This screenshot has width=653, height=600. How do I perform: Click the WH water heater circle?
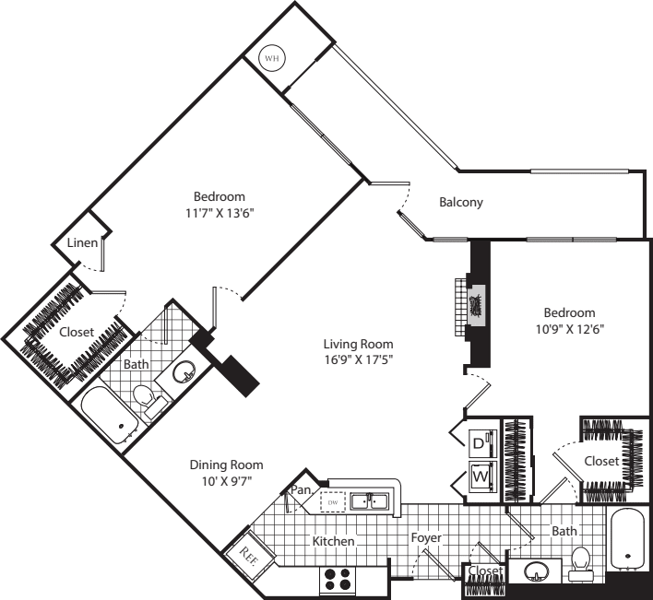click(272, 58)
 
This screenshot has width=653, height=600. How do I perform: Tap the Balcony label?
click(460, 203)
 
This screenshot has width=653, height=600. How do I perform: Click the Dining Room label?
click(226, 465)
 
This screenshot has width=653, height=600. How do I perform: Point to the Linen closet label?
click(86, 243)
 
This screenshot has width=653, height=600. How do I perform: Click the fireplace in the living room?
click(475, 303)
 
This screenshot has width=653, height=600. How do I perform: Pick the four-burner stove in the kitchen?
click(338, 580)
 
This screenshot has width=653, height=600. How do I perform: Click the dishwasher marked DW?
click(333, 501)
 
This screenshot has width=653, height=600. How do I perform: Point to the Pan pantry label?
click(300, 489)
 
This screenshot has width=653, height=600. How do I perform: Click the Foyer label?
click(426, 537)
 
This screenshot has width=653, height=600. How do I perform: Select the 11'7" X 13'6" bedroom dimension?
click(219, 212)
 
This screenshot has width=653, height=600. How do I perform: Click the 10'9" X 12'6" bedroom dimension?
click(568, 328)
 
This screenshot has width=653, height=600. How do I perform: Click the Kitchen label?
click(333, 541)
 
